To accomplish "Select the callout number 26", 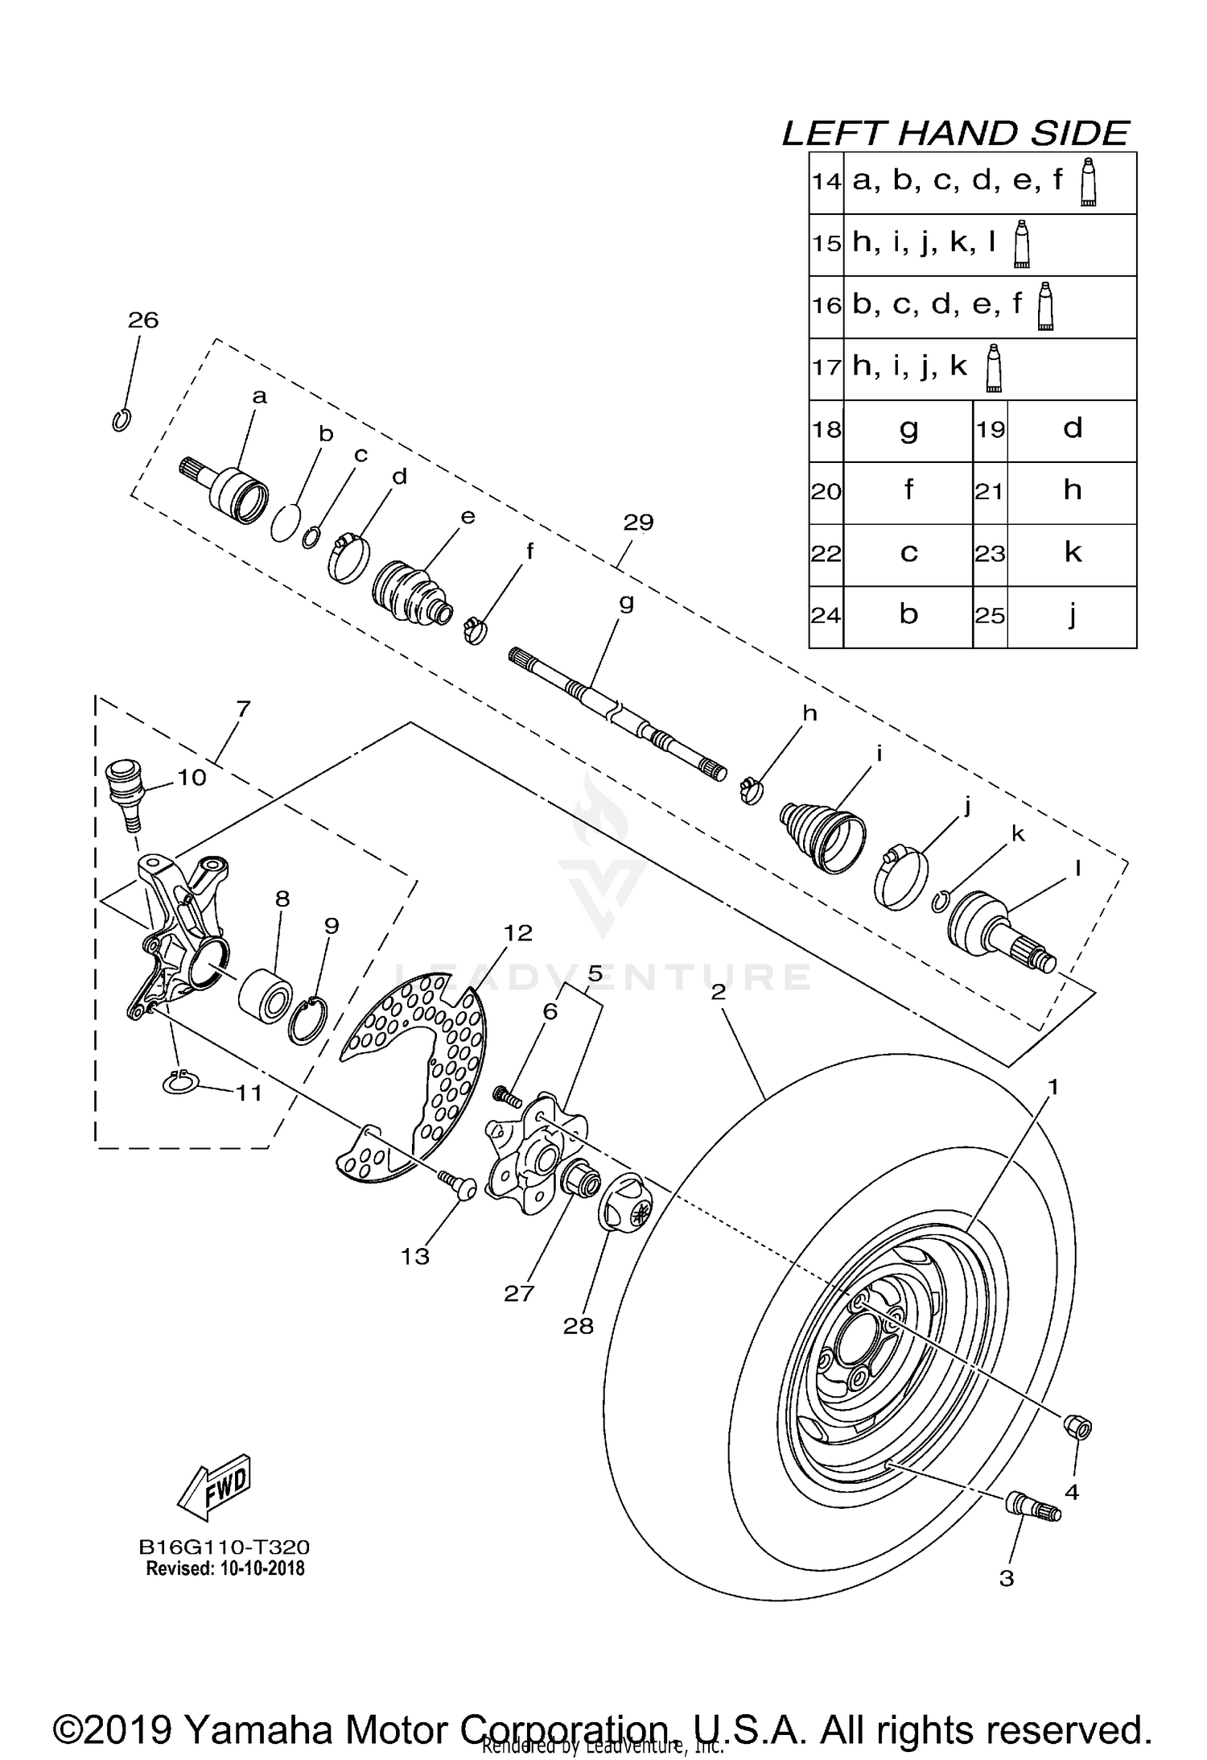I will point(143,320).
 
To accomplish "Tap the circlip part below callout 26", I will point(121,419).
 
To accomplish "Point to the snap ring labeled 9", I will point(308,1020).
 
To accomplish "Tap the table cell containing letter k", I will point(1072,554).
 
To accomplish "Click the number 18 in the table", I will point(826,430).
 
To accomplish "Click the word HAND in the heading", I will point(957,134).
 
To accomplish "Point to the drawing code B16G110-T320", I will point(224,1547).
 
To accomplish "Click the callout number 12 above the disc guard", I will point(518,932).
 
